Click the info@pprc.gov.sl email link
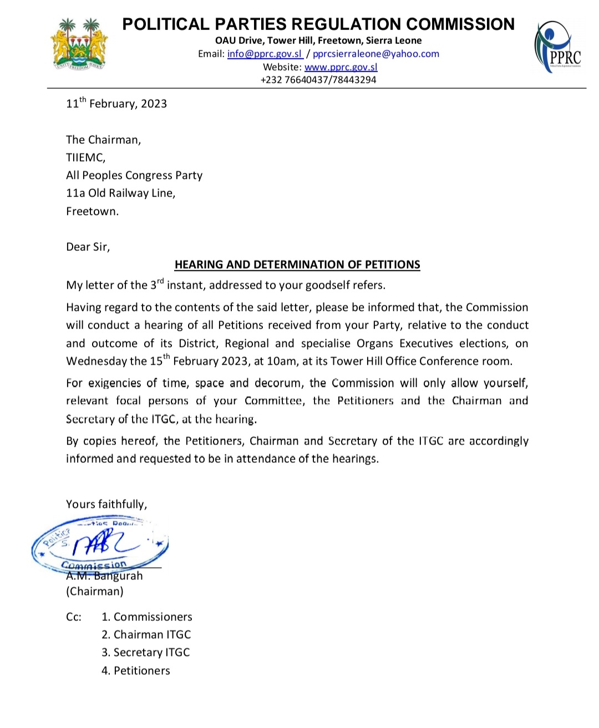pos(265,54)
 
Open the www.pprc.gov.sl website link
pos(341,67)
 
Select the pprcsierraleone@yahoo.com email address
pos(375,54)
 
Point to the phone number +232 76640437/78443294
pos(318,80)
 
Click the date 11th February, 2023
pos(116,104)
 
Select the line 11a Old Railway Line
pos(120,193)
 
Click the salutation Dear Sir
pos(88,247)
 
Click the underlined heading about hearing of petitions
pos(297,265)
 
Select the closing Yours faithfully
pos(106,504)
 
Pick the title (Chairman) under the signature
pos(95,591)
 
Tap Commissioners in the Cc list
pos(153,617)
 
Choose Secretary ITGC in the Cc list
pos(151,653)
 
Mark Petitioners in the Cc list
pos(141,671)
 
